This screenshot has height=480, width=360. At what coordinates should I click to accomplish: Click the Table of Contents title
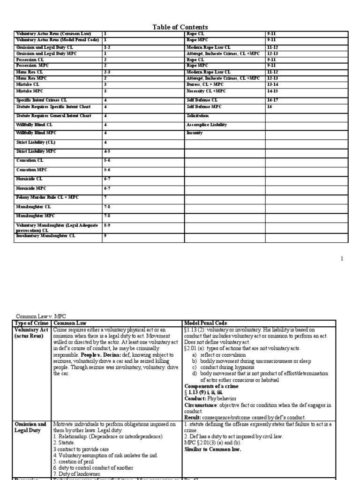click(x=180, y=27)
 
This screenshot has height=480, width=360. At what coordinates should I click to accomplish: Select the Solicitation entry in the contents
click(x=198, y=115)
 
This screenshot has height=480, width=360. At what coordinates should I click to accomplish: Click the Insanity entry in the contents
click(x=195, y=133)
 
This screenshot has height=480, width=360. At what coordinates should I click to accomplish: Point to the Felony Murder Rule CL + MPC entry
click(x=47, y=197)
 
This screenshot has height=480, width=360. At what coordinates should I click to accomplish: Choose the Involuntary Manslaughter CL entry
click(x=45, y=236)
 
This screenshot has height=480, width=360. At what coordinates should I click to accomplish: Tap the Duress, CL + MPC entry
click(x=205, y=85)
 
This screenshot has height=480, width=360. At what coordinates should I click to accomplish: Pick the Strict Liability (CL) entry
click(x=36, y=142)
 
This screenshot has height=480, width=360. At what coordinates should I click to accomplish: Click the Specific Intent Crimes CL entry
click(x=42, y=100)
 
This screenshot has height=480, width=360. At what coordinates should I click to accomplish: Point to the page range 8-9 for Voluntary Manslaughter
click(x=107, y=225)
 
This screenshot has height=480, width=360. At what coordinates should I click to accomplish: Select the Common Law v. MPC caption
click(x=39, y=316)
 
